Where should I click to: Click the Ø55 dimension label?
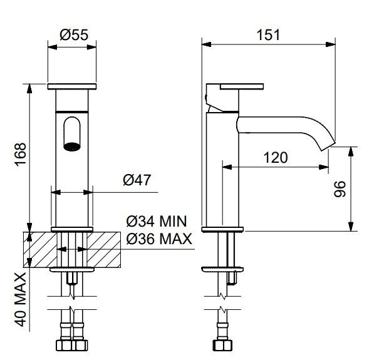click(74, 35)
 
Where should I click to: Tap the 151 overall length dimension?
click(268, 35)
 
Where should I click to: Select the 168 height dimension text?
click(21, 155)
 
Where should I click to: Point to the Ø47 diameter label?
click(137, 180)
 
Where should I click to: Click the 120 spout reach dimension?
click(276, 158)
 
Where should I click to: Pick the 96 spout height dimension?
click(340, 189)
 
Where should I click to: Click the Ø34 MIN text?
click(157, 222)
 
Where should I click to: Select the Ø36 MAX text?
click(159, 239)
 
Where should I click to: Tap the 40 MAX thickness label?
click(21, 300)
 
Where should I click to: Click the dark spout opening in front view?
click(72, 147)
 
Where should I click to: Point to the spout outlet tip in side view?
click(328, 146)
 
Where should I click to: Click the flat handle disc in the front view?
click(72, 86)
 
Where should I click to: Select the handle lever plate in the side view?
click(242, 86)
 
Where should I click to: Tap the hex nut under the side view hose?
click(222, 346)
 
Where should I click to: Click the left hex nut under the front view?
click(64, 346)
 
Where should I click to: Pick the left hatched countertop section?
click(40, 250)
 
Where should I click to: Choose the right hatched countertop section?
click(104, 250)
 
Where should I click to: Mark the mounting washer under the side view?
click(222, 269)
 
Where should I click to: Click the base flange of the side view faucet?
click(222, 229)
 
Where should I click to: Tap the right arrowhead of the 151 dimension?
click(331, 44)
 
